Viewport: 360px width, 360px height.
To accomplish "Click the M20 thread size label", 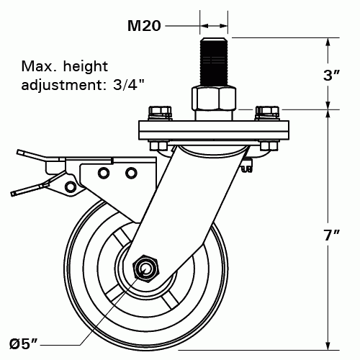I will [143, 26].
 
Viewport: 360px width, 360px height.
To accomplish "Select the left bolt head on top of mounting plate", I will [158, 112].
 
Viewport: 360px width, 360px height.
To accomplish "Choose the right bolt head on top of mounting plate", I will [268, 112].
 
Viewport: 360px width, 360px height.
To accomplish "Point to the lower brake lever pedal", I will [29, 189].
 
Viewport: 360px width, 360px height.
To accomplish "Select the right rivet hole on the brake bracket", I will [130, 173].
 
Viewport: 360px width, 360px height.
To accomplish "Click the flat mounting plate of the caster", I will [213, 131].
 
